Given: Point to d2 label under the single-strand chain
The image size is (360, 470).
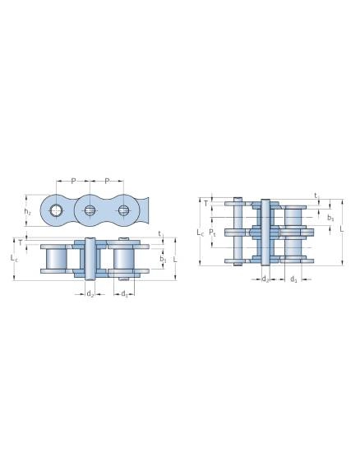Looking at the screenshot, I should pos(90,293).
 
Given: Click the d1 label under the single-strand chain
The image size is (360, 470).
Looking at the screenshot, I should pos(124,293).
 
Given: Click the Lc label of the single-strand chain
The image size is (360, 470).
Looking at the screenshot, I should pos(13,258).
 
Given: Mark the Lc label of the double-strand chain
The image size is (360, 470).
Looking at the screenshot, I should pos(201,233).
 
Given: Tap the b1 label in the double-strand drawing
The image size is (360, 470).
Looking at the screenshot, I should pos(330,218).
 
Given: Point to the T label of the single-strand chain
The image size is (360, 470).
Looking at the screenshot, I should pos(20,242).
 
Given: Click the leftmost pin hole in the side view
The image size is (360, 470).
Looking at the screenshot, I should pos(55,211).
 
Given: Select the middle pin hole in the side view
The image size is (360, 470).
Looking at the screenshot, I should pos(90,211).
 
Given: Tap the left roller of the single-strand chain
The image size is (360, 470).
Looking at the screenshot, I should pos(56,259).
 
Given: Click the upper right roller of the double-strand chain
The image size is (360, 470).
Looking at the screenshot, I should pos(293,216).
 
